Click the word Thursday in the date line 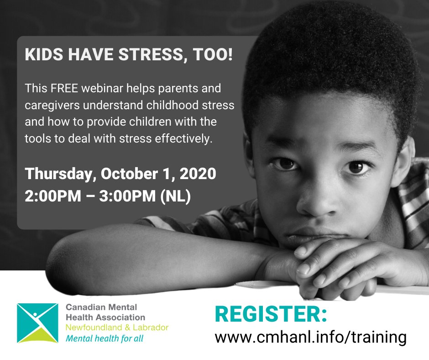click(x=61, y=174)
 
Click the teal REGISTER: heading click(x=271, y=315)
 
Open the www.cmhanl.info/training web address click(x=310, y=337)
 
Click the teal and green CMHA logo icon click(x=37, y=323)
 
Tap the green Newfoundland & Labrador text click(x=117, y=328)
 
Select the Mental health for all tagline click(x=107, y=339)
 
